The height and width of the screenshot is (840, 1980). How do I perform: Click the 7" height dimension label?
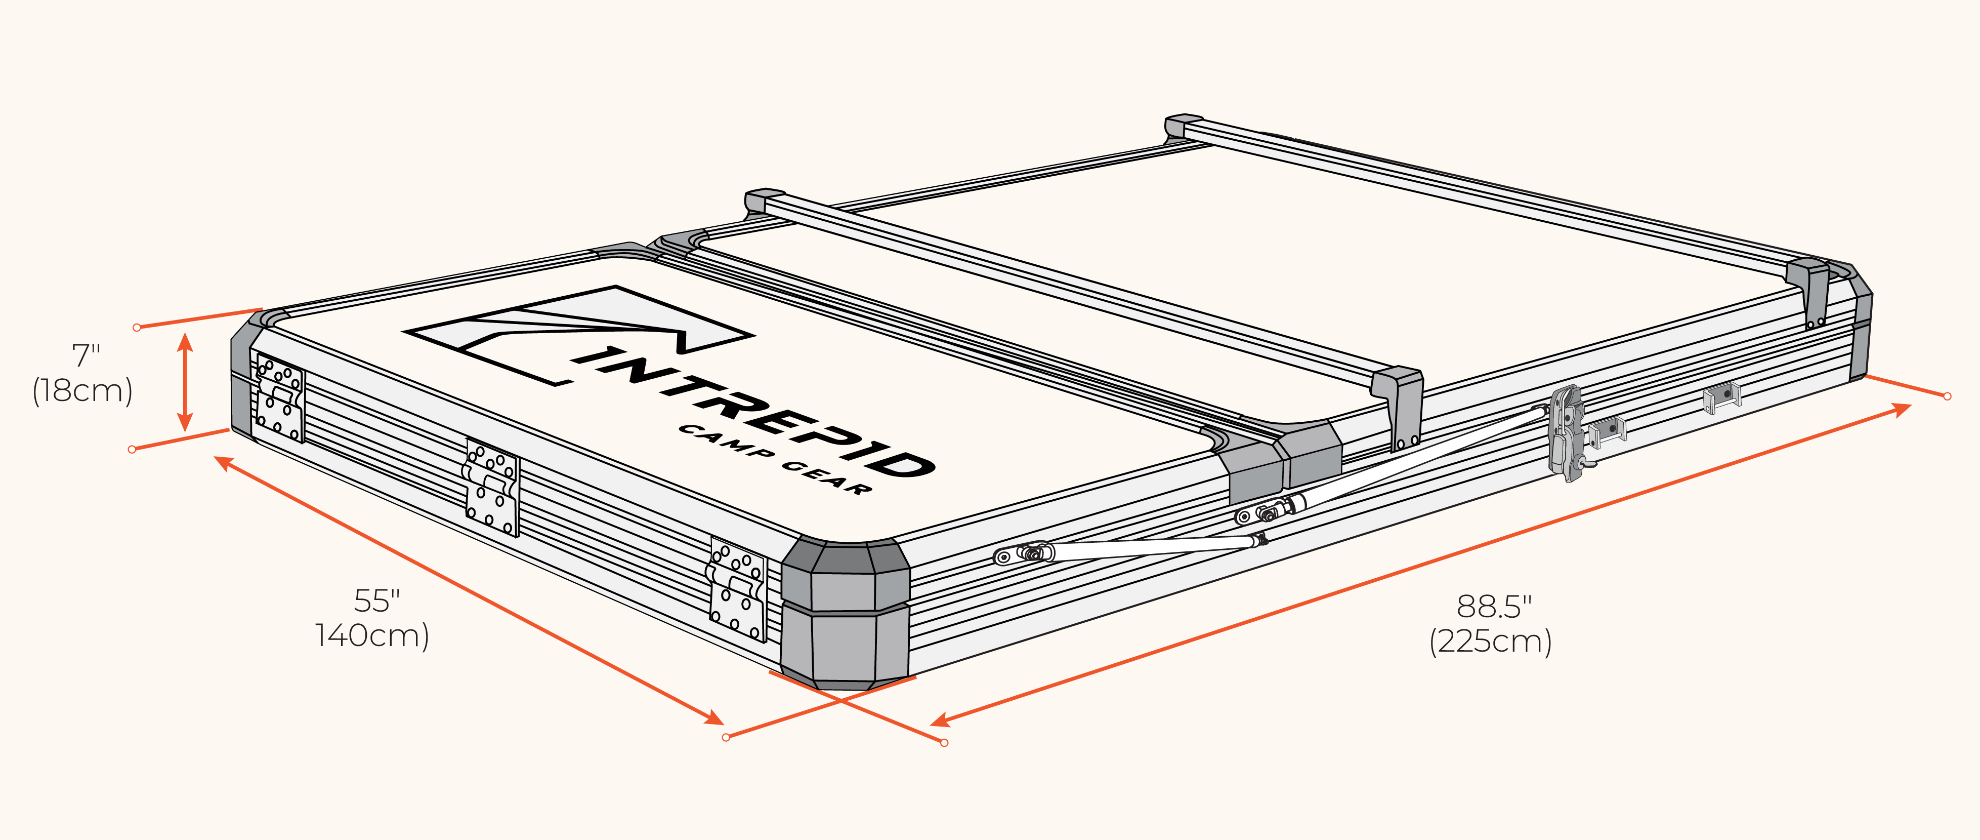coord(86,355)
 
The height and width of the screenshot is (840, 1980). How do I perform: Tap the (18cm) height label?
coord(83,391)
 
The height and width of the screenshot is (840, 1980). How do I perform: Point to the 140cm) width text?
coord(372,635)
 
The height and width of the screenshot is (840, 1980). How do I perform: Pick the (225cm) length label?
coord(1490,642)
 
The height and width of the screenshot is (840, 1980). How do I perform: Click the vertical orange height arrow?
coord(185,382)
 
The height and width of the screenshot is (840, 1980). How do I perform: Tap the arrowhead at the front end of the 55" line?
coord(713,717)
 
